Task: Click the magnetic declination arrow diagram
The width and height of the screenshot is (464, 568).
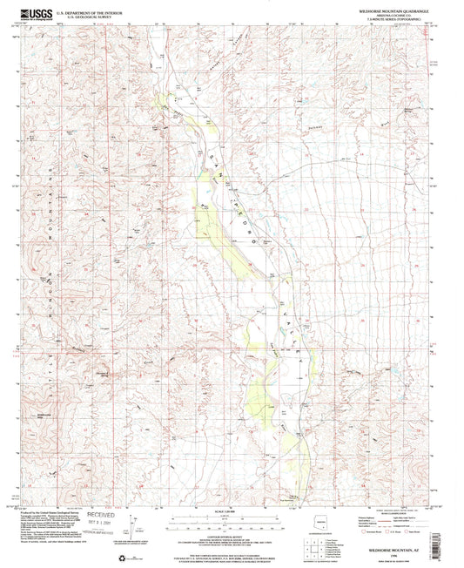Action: tap(133, 527)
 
